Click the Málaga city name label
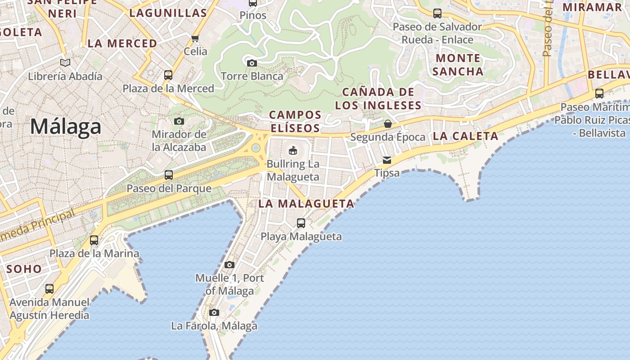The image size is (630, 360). point(66,126)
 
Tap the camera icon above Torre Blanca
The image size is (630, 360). point(252,63)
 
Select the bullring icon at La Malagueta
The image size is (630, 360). point(293,150)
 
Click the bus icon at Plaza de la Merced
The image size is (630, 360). point(168,75)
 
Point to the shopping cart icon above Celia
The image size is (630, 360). point(195,38)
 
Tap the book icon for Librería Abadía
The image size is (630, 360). point(65,63)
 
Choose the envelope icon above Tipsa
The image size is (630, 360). point(387,160)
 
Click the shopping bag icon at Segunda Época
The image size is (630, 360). point(387,124)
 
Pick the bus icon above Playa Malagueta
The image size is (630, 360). point(301,223)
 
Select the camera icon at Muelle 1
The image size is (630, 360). point(229,265)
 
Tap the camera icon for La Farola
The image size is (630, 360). point(214,312)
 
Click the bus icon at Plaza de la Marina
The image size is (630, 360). point(94,240)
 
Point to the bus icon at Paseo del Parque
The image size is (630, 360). point(169,175)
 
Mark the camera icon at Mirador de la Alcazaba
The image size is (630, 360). point(179,121)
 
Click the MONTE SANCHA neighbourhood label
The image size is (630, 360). point(459,64)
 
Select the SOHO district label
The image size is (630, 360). point(24,269)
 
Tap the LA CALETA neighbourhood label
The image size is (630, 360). point(465,136)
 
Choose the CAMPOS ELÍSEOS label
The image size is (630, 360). point(295,121)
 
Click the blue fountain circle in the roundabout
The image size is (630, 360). point(256,148)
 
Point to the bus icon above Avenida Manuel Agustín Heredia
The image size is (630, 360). point(49,289)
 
